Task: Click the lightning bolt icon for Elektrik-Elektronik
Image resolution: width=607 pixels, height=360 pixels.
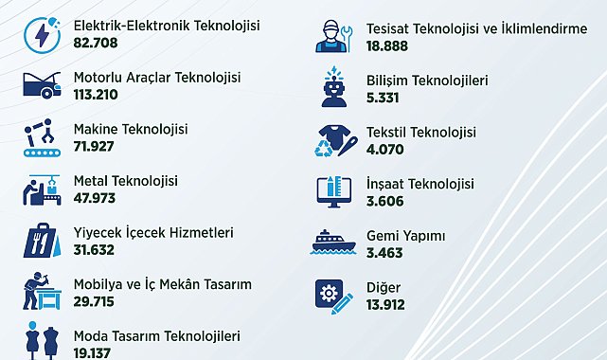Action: point(43,35)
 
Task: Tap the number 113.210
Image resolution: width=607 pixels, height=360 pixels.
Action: point(96,95)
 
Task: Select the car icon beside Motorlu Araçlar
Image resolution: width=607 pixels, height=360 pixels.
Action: point(43,85)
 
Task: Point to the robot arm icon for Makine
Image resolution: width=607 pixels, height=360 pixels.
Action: point(43,137)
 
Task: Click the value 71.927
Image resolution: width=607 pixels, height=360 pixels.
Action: point(94,146)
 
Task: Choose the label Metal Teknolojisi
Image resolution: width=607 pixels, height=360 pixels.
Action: point(126,181)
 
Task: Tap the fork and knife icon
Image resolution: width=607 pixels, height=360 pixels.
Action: point(43,240)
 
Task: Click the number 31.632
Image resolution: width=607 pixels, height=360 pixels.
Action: point(94,250)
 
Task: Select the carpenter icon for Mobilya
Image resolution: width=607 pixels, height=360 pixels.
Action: point(43,291)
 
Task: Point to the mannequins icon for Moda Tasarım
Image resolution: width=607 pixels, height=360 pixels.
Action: point(43,341)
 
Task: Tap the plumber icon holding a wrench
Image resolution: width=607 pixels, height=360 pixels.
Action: point(334,36)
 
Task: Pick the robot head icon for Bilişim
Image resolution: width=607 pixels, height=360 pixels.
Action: point(334,86)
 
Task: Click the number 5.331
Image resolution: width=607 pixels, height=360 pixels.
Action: point(383,98)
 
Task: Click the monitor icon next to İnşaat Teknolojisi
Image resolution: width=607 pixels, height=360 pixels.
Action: point(334,191)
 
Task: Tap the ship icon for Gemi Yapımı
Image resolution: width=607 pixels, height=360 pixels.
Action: point(333,243)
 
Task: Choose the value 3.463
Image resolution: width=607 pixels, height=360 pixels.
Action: point(384,253)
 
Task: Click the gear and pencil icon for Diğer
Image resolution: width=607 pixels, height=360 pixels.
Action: point(334,297)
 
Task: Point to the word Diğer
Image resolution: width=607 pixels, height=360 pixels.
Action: point(384,288)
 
